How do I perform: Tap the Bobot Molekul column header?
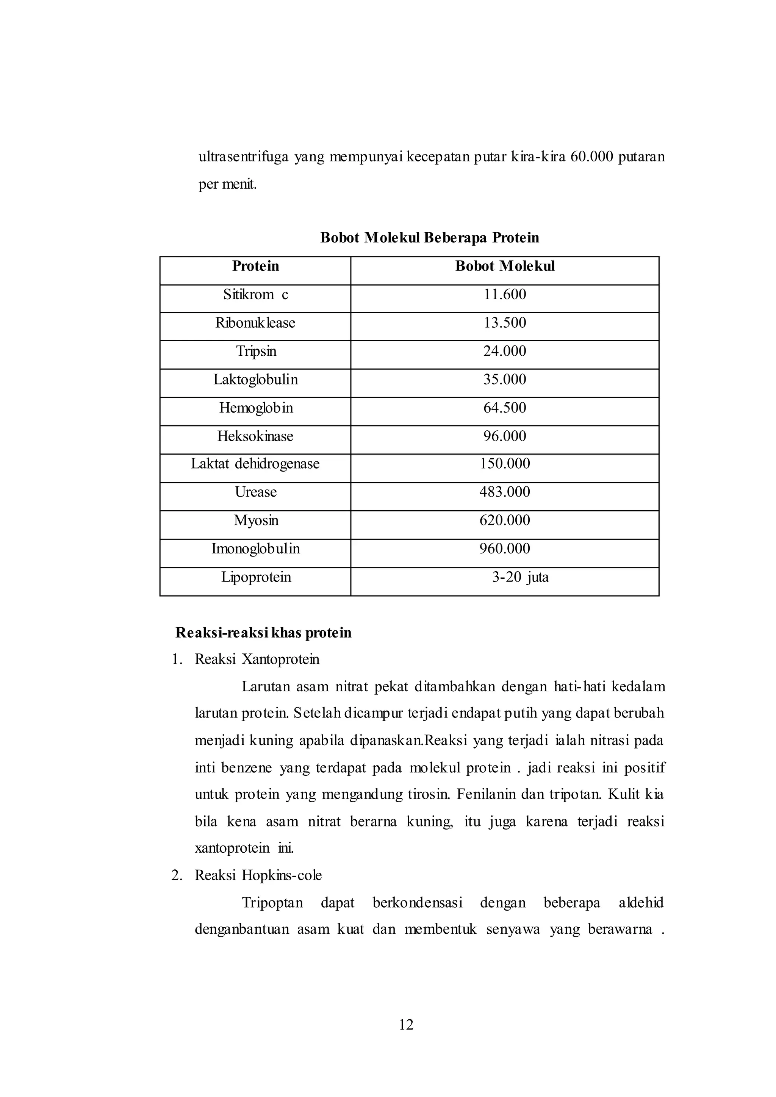click(505, 266)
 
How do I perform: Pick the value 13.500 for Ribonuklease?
click(505, 322)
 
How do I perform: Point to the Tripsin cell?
click(256, 351)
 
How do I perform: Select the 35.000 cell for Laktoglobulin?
click(505, 379)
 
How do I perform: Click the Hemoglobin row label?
click(256, 408)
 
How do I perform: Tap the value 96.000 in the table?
click(505, 436)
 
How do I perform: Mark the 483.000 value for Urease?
click(505, 492)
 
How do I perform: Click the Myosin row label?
click(256, 520)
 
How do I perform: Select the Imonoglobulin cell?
click(256, 548)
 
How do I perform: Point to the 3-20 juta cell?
click(520, 577)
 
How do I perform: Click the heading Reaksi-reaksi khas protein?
click(263, 633)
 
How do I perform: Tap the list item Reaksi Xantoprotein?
click(257, 659)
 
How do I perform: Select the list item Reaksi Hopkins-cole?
click(258, 875)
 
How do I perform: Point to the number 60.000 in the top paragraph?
click(591, 157)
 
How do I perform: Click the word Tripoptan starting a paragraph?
click(272, 903)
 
